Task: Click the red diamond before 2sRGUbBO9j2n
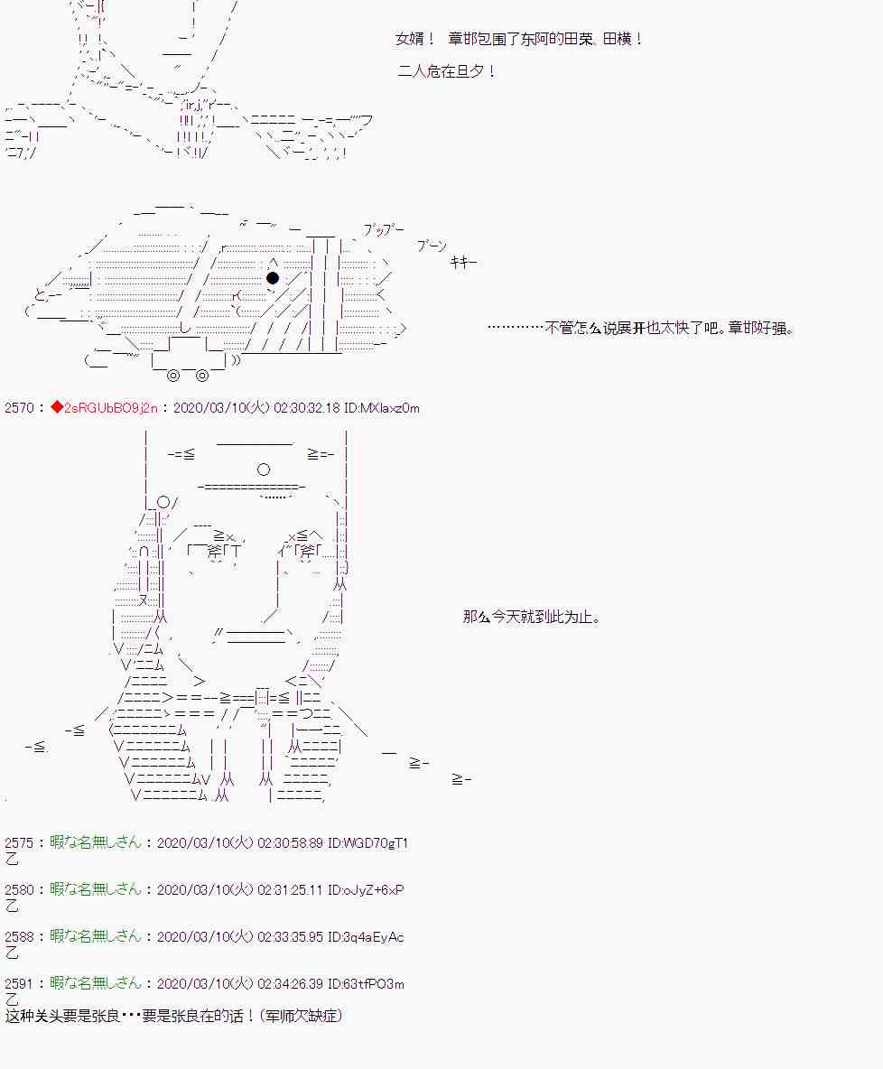click(x=57, y=408)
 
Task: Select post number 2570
click(x=18, y=408)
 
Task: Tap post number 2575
click(x=18, y=842)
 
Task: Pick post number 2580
click(x=18, y=889)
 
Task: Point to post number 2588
click(x=18, y=937)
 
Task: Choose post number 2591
click(x=18, y=984)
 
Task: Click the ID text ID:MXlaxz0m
click(x=381, y=408)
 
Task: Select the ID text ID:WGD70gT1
click(x=367, y=842)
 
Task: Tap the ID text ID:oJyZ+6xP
click(x=366, y=889)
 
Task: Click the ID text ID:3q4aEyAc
click(x=366, y=937)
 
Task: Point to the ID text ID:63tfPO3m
click(x=366, y=984)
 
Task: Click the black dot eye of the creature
click(x=273, y=277)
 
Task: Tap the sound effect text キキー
click(x=464, y=262)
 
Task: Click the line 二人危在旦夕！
click(x=447, y=71)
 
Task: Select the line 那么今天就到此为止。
click(x=532, y=617)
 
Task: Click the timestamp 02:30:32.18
click(x=306, y=408)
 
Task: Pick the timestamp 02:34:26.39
click(x=290, y=984)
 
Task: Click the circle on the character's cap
click(x=264, y=469)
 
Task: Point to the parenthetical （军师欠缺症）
click(x=302, y=1016)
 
